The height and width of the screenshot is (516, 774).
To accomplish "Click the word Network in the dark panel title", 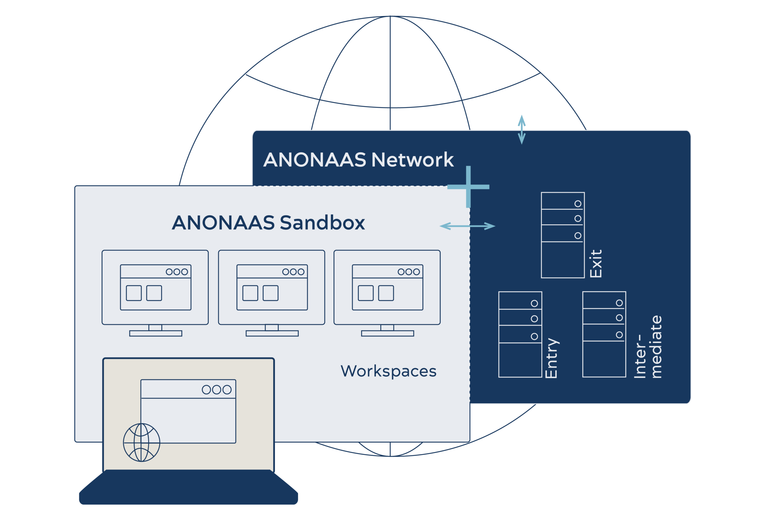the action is [412, 160].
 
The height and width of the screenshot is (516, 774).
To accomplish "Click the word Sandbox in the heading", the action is [323, 223].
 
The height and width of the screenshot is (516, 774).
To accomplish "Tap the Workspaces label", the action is [388, 372].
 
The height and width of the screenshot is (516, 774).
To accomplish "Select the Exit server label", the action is [596, 264].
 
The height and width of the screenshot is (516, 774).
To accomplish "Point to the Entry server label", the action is [552, 358].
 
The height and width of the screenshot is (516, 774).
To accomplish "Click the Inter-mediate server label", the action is [648, 347].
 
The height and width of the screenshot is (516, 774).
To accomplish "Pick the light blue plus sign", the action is [468, 187].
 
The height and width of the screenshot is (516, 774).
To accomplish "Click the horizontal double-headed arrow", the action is [467, 226].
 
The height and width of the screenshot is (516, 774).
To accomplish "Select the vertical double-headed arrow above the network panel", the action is [522, 130].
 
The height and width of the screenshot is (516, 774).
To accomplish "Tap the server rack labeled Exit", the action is [563, 235].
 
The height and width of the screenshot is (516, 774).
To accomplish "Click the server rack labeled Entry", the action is [520, 334].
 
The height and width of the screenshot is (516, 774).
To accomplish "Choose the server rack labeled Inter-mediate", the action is [604, 334].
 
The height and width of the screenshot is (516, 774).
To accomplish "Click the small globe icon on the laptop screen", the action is [141, 443].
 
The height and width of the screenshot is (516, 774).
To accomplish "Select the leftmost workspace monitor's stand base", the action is [156, 333].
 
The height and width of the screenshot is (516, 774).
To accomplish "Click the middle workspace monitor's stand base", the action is [272, 333].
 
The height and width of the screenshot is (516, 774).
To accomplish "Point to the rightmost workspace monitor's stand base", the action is [388, 333].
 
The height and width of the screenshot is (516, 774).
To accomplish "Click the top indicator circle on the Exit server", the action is [578, 204].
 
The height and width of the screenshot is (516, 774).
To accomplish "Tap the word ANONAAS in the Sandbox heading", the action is [223, 223].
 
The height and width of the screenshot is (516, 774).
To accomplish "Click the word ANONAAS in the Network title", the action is [315, 160].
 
